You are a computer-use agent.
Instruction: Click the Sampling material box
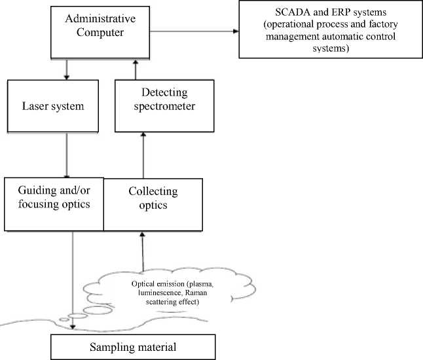coord(134,345)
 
